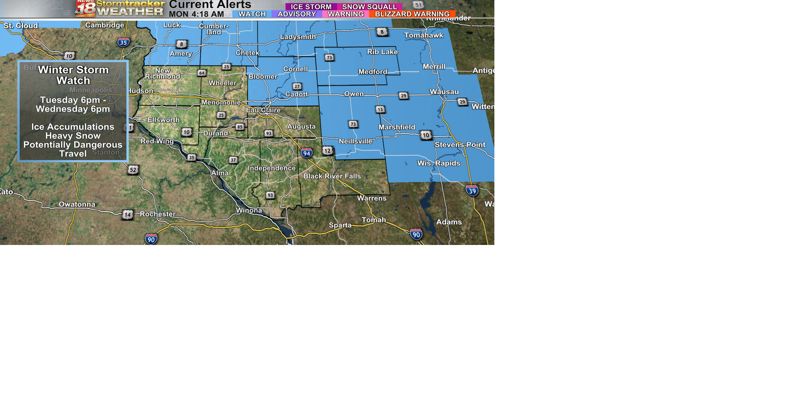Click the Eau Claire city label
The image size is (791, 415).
coord(263,110)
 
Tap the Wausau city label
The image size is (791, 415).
coord(444,92)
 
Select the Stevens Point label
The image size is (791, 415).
coord(460,145)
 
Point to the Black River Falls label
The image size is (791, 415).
coord(332,176)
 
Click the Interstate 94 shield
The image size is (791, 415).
coord(307,153)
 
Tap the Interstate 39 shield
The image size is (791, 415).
coord(472,191)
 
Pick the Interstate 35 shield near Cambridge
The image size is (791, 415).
coord(124,42)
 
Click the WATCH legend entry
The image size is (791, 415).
coord(252,14)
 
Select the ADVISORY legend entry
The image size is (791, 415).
coord(297,14)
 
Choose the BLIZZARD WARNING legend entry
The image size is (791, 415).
coord(412,14)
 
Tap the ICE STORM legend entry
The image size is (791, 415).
coord(311,7)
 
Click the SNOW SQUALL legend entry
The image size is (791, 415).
coord(370,7)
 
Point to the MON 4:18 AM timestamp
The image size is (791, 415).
coord(196,14)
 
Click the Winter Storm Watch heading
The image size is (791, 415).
coord(73,75)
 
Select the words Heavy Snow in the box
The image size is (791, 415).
coord(73,136)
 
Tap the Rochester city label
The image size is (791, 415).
coord(157,214)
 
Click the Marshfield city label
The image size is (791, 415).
coord(397,127)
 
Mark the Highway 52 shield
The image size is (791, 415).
coord(133,170)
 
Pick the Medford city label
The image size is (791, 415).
coord(372,72)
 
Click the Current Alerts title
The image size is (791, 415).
coord(210,5)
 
